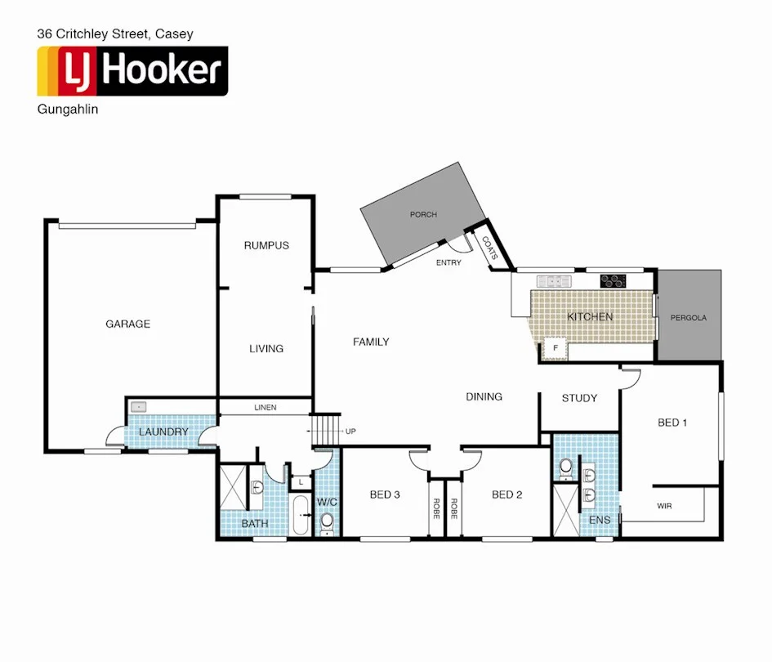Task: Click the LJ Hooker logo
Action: point(132,71)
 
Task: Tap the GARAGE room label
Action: point(127,324)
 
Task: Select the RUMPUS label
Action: point(266,245)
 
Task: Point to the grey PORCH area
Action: point(423,214)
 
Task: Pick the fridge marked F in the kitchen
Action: point(556,347)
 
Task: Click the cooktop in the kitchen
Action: point(613,281)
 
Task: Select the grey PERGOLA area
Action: point(689,317)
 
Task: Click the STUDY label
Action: point(579,398)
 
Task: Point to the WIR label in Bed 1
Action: point(664,507)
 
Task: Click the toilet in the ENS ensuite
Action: point(565,467)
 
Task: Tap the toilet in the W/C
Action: point(327,521)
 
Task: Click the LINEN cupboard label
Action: point(265,407)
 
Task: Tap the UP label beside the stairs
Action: point(350,431)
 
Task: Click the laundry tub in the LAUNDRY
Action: point(140,406)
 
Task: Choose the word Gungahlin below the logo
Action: point(68,110)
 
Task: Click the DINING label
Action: point(484,396)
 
